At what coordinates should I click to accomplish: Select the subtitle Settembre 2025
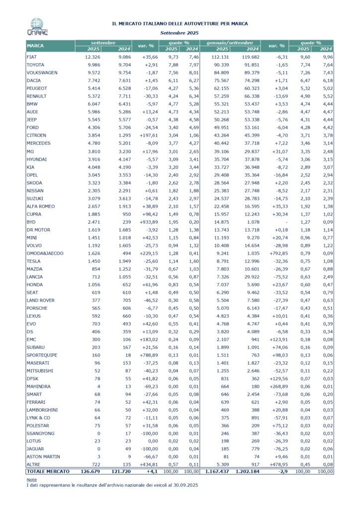180,32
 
